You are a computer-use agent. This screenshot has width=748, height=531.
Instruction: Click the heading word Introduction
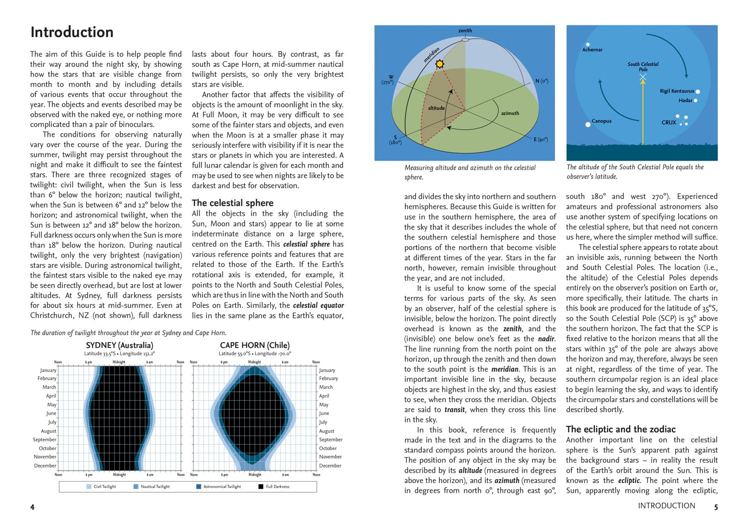click(x=72, y=32)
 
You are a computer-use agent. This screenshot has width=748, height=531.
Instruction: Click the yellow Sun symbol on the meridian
click(x=439, y=64)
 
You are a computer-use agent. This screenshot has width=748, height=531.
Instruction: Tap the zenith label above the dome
click(x=465, y=31)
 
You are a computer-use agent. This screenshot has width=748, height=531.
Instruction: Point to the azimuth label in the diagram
click(x=510, y=113)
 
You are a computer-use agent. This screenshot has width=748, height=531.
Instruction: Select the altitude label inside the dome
click(x=436, y=108)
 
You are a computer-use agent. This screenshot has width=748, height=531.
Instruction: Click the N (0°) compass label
click(x=542, y=81)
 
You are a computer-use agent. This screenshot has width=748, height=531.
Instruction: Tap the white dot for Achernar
click(x=588, y=44)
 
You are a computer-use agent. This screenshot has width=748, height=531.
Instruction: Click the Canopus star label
click(x=601, y=121)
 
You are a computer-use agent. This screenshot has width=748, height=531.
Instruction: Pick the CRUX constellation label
click(x=669, y=122)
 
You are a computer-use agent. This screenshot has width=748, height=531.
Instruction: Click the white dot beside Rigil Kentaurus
click(x=698, y=92)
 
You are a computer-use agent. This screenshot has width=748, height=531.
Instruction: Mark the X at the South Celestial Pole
click(x=643, y=77)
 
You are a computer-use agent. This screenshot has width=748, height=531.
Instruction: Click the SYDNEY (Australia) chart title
click(x=120, y=345)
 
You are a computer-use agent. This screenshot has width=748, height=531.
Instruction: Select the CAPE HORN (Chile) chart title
click(x=254, y=345)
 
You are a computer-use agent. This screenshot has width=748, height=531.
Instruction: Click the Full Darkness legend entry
click(x=277, y=487)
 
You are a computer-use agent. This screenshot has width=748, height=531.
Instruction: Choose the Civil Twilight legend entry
click(x=104, y=487)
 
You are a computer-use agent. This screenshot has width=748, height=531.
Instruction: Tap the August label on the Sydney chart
click(x=48, y=431)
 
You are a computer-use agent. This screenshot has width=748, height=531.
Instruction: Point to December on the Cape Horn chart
click(x=330, y=466)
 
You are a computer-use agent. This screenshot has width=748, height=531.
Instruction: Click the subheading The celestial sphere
click(x=232, y=203)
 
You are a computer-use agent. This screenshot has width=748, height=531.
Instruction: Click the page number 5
click(x=716, y=507)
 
